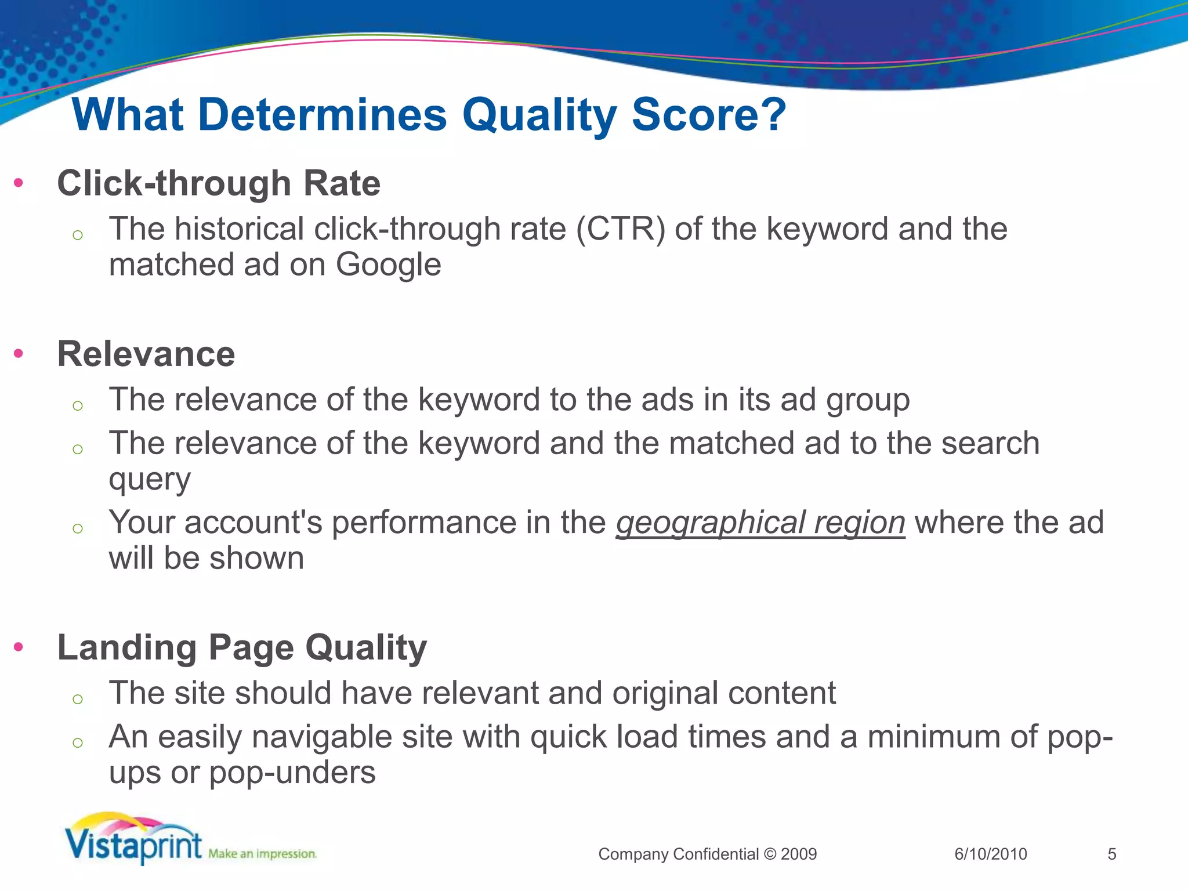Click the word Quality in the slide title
click(539, 115)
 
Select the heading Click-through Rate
click(219, 183)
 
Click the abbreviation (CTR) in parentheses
click(620, 229)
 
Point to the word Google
click(388, 265)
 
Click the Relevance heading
click(146, 354)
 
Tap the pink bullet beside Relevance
click(19, 353)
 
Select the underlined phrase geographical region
click(760, 522)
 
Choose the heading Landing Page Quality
click(242, 647)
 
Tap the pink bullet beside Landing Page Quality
click(19, 647)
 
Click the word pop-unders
click(292, 773)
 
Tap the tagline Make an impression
click(262, 854)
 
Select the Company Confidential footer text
click(707, 854)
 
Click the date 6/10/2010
click(990, 854)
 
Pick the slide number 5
click(1111, 854)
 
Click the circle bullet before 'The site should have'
click(78, 699)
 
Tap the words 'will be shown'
click(207, 559)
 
